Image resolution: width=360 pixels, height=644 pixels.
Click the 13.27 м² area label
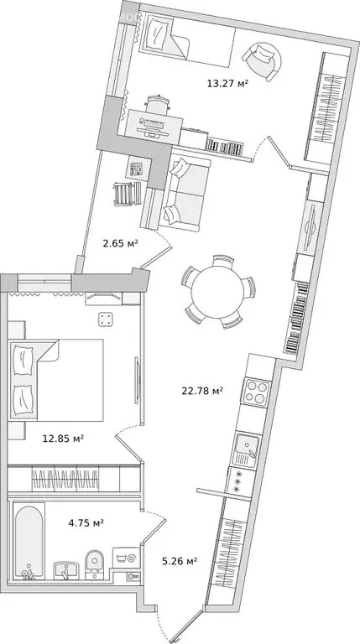coord(227,82)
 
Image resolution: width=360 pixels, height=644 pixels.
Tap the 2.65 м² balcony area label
coord(120,243)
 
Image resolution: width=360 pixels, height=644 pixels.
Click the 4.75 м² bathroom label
coord(86,523)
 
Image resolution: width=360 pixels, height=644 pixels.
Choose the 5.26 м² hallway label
coord(179,562)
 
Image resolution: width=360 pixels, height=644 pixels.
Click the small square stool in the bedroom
coord(106,319)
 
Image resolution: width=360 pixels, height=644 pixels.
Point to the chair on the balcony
coord(124,194)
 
